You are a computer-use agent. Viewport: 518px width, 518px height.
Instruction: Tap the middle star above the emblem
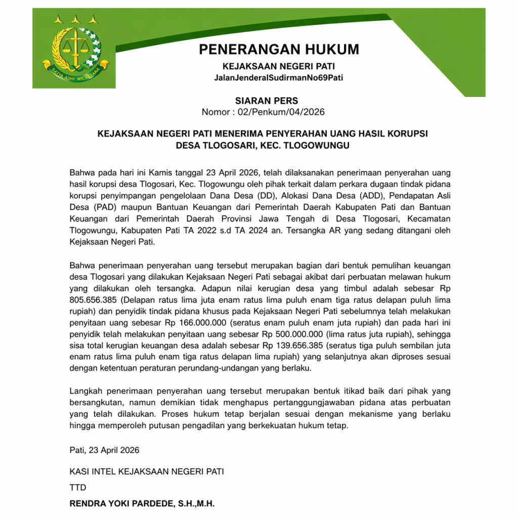76,20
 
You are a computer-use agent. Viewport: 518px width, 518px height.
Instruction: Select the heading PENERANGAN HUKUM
279,50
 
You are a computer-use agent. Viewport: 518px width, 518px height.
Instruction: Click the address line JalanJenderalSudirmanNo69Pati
279,77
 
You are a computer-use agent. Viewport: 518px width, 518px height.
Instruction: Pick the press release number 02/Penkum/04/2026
283,112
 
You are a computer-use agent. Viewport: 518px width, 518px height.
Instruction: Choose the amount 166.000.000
206,323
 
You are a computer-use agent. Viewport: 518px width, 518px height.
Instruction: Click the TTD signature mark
78,488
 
